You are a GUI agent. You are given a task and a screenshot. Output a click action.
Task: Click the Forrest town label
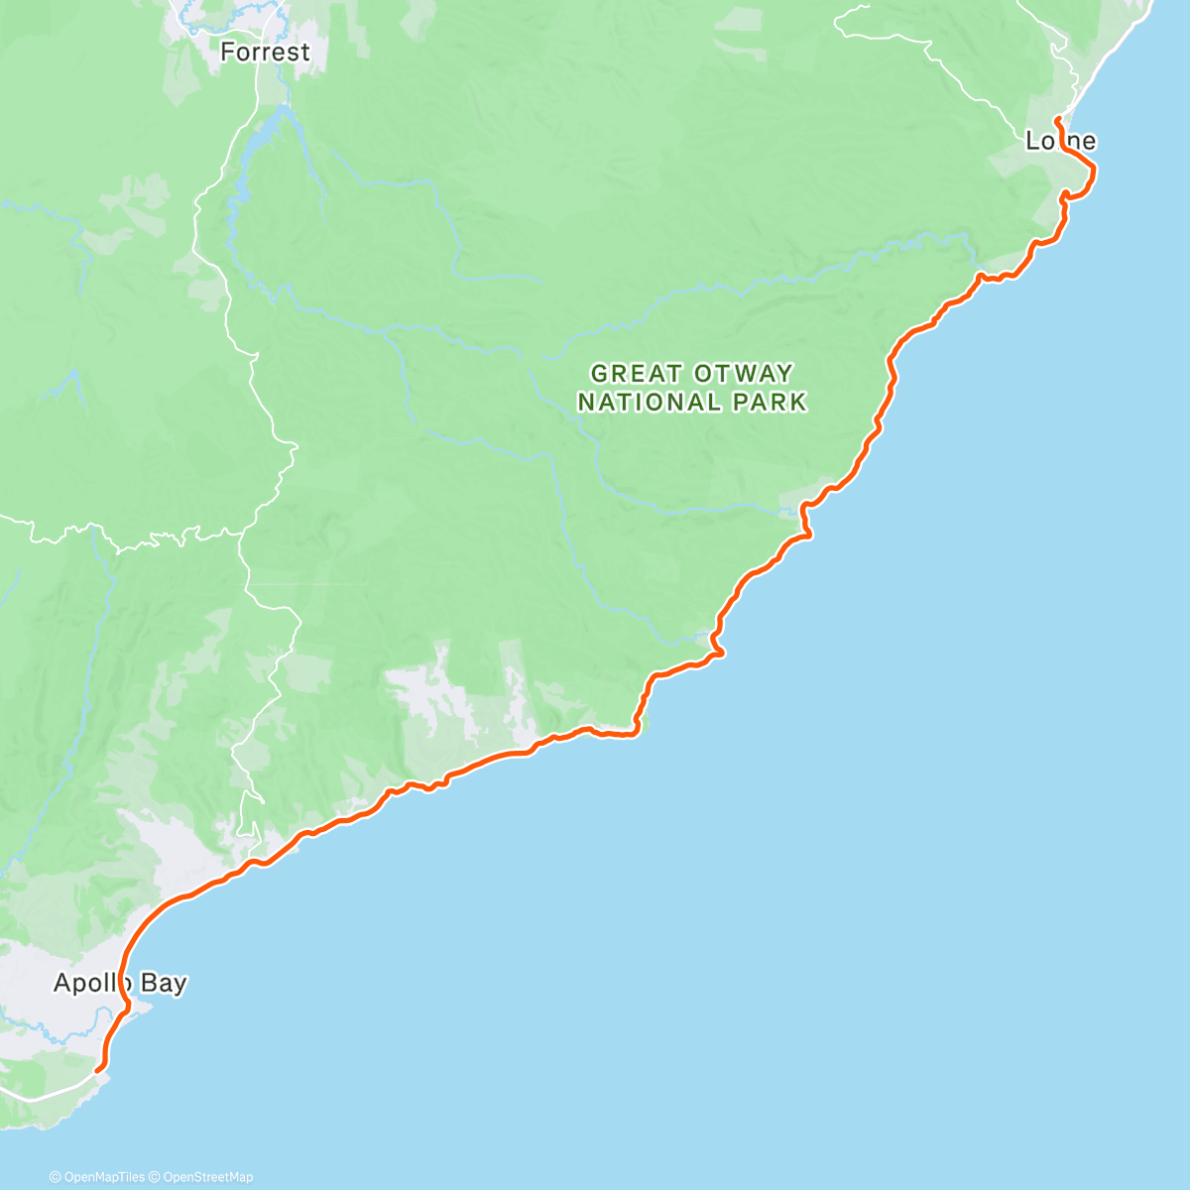point(265,52)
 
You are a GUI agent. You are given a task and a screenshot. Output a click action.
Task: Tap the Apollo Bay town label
point(120,983)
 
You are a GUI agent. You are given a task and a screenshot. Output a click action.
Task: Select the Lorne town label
point(1060,142)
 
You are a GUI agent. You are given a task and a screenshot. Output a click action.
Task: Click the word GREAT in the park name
point(624,374)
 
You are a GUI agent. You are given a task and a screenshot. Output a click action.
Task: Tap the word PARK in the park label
point(769,402)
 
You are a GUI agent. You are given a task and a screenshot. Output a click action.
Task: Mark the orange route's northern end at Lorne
point(1057,120)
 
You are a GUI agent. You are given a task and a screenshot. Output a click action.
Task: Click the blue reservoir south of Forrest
point(248,149)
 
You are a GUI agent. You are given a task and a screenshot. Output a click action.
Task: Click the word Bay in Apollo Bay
point(163,983)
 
